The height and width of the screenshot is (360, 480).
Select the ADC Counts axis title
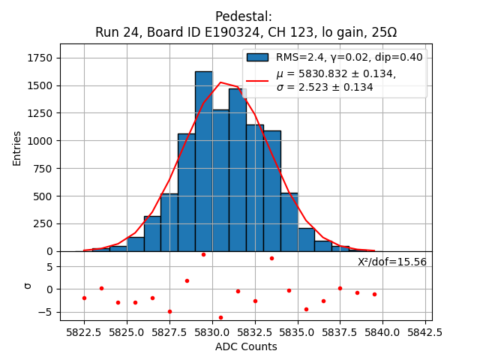pos(246,346)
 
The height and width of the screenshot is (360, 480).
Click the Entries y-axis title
pos(17,148)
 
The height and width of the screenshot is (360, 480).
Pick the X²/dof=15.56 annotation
pos(391,262)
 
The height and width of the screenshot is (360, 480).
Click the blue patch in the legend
pos(257,57)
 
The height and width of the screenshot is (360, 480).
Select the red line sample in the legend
pos(257,80)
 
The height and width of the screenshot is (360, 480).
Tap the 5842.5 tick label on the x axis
pos(425,331)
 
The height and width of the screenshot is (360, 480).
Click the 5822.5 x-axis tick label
pos(84,331)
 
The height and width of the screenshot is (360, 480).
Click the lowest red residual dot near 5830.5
pos(220,317)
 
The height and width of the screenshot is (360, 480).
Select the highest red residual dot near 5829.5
pos(203,254)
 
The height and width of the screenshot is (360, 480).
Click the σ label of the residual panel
pos(28,286)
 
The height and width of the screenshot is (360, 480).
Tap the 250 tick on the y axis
pos(44,223)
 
